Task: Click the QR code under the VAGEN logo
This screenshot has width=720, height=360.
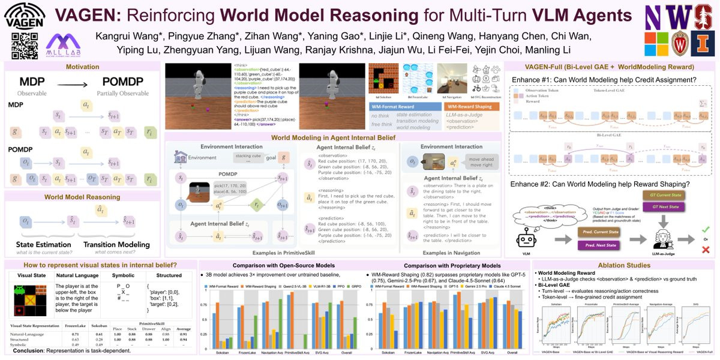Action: pos(25,46)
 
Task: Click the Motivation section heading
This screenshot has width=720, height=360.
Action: pos(82,67)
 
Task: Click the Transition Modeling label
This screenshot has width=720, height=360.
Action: pos(116,245)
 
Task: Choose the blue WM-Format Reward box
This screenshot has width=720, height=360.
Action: pos(392,106)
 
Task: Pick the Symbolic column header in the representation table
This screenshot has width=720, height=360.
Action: pos(123,275)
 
